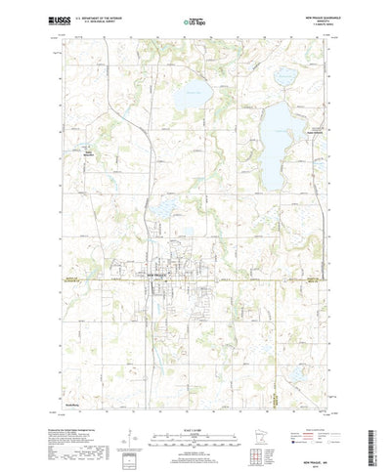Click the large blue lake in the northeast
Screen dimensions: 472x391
[x=278, y=127]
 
